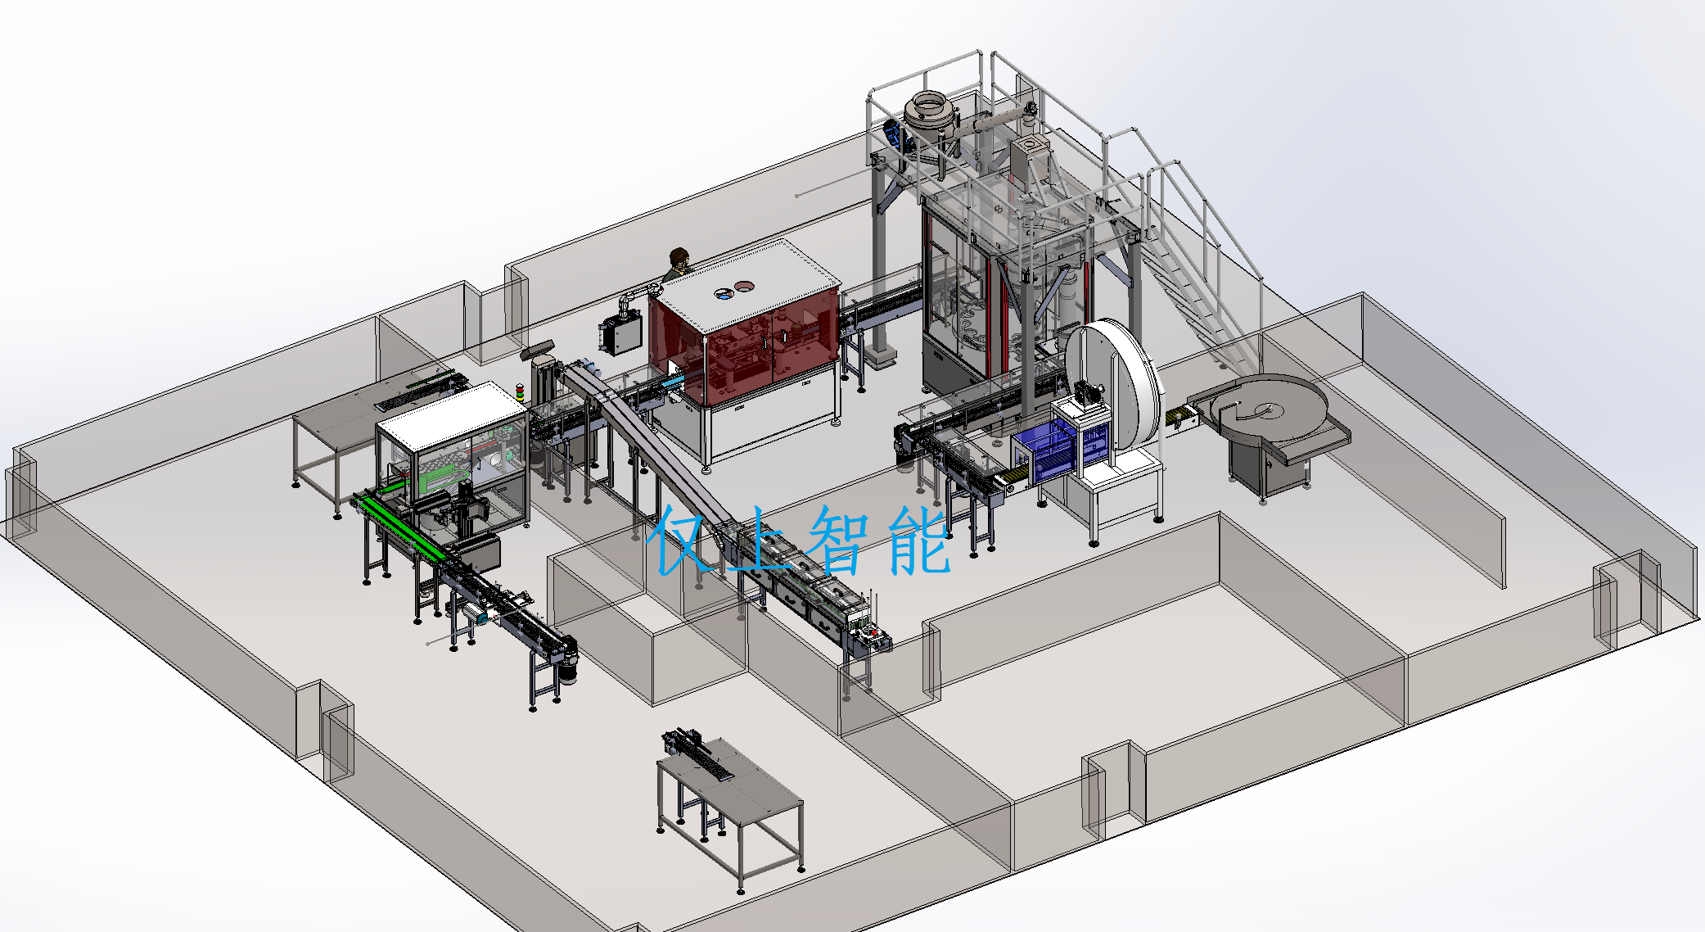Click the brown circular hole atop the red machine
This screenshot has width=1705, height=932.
(x=745, y=286)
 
